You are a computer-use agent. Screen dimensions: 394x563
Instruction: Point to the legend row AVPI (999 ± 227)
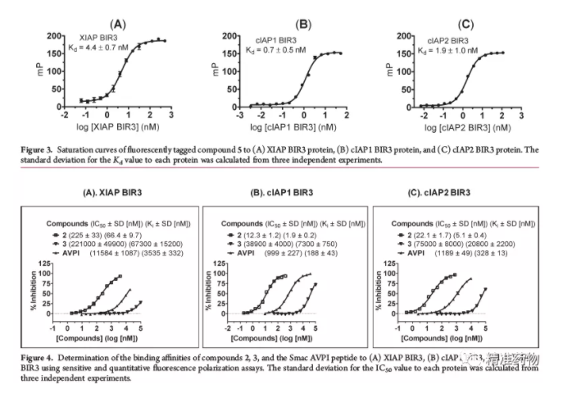pyautogui.click(x=277, y=254)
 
